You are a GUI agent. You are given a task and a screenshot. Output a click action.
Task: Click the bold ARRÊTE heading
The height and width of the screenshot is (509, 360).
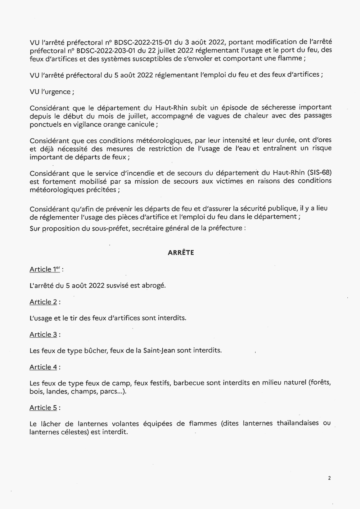(181, 253)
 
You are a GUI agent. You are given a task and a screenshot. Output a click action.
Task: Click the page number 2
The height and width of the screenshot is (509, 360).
(329, 478)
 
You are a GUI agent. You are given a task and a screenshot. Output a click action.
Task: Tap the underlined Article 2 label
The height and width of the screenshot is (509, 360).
(43, 302)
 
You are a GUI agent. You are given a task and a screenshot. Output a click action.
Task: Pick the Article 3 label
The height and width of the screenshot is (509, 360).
(43, 334)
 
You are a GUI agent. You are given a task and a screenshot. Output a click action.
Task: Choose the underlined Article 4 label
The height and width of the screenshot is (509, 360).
(43, 367)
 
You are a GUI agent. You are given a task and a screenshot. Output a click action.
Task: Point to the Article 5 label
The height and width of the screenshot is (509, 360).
(43, 408)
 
